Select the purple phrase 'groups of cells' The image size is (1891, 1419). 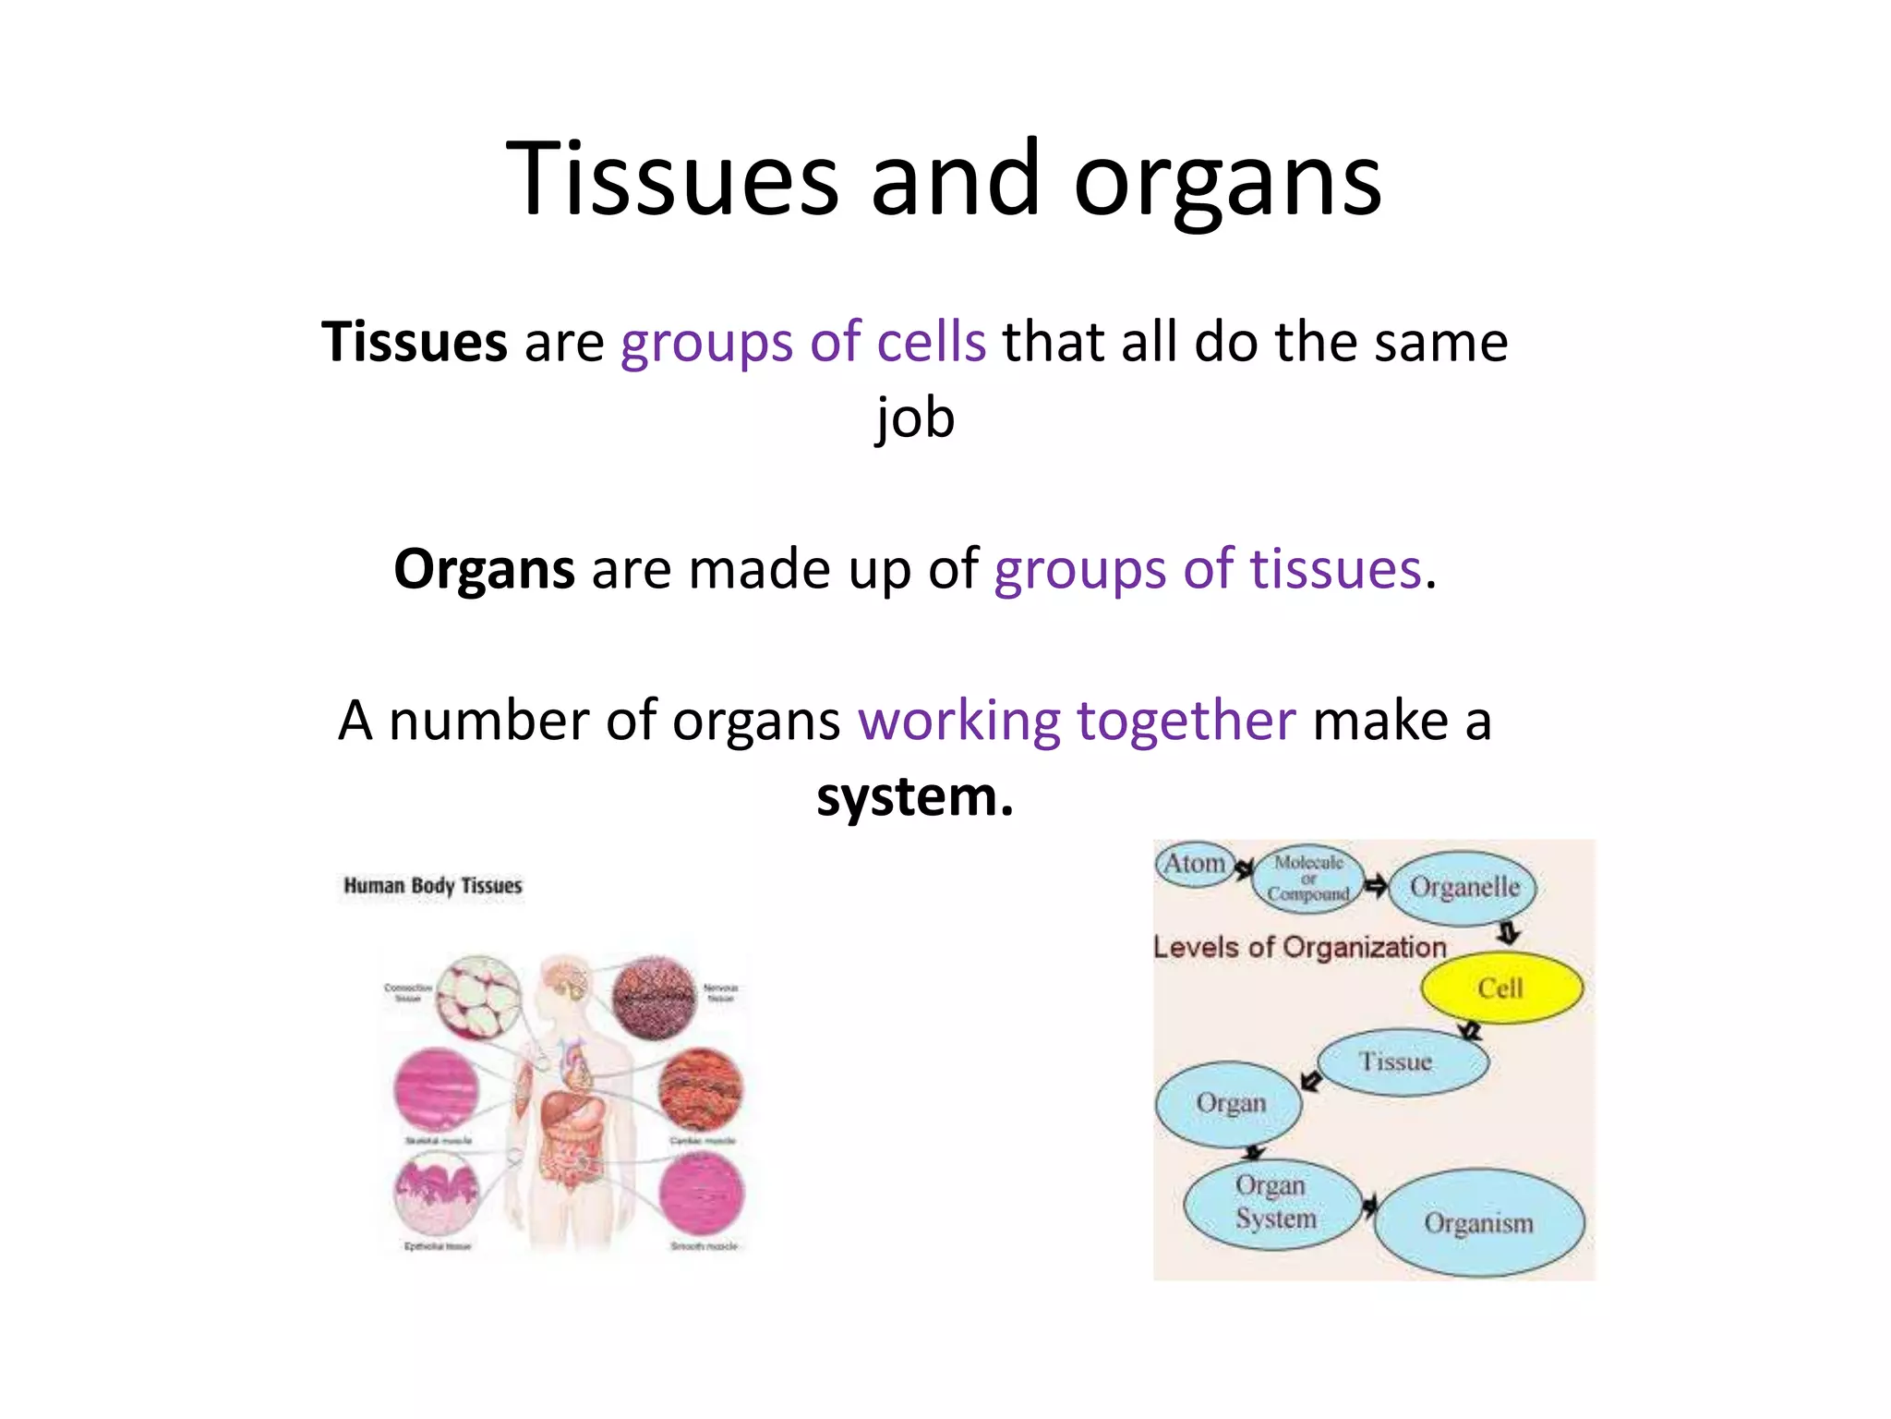click(x=802, y=342)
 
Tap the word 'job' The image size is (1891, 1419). click(x=915, y=418)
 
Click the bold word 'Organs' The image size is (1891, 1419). click(x=484, y=569)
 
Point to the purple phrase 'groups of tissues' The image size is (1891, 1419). click(x=1207, y=569)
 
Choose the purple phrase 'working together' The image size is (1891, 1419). click(x=1077, y=721)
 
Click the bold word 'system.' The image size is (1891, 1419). click(x=915, y=796)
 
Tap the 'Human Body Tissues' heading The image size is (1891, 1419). click(x=433, y=886)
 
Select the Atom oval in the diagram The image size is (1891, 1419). click(x=1195, y=865)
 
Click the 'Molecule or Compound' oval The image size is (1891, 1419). click(x=1308, y=879)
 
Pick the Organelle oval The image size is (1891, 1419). click(x=1463, y=888)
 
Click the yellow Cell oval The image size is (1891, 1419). click(x=1501, y=988)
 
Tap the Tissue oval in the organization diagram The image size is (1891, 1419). click(x=1402, y=1061)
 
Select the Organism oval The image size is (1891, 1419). click(x=1479, y=1223)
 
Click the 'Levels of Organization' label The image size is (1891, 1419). click(x=1299, y=947)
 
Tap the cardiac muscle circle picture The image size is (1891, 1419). click(x=701, y=1090)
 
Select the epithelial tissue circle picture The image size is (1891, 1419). click(x=437, y=1197)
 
